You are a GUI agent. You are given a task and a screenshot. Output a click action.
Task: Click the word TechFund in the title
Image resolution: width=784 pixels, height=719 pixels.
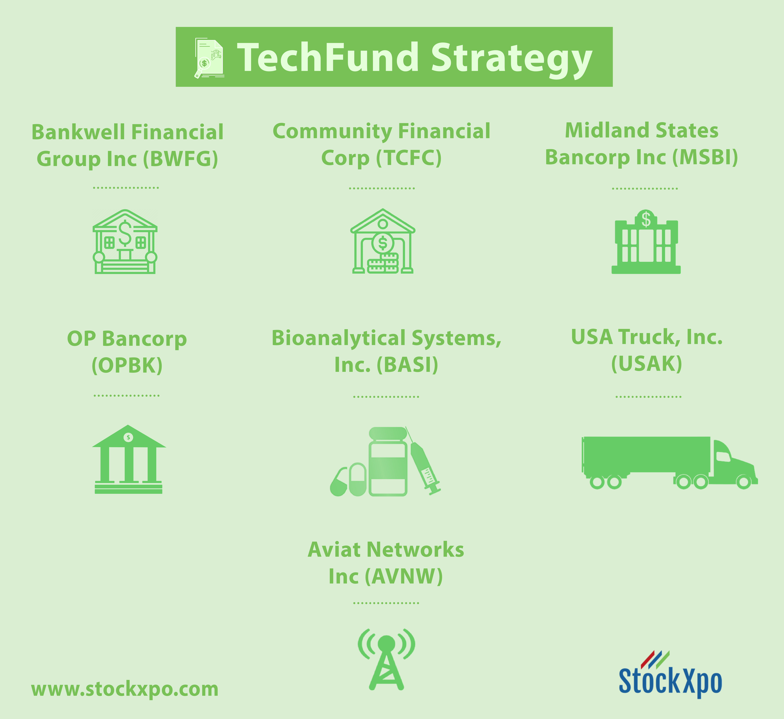328,58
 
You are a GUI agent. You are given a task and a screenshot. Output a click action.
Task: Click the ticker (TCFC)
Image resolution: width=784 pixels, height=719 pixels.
409,158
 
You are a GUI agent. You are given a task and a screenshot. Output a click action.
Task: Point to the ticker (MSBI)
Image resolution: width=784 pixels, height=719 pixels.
705,157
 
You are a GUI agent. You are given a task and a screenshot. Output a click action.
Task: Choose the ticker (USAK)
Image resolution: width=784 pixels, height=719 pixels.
647,364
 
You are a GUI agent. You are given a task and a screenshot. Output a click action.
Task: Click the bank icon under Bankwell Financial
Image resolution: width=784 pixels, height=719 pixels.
125,242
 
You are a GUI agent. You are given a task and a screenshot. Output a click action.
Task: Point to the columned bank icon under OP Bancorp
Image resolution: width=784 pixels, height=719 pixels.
129,459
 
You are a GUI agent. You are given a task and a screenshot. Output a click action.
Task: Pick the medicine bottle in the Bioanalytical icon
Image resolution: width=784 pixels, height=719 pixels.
388,462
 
